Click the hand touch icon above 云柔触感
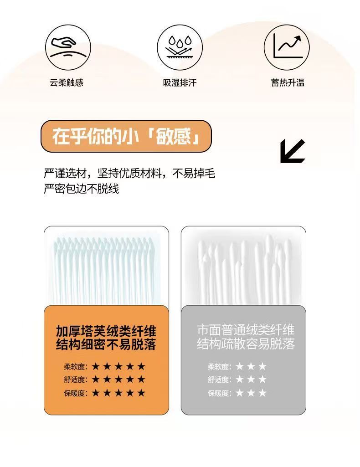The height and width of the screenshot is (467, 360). pos(68,47)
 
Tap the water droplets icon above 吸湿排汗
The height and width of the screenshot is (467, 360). pos(180,47)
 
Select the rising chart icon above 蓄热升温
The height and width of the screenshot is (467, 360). pos(287,47)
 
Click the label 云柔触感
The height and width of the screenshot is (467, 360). pos(67,82)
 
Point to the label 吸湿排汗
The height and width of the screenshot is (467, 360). pos(180,82)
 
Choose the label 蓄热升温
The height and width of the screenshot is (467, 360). pos(288,82)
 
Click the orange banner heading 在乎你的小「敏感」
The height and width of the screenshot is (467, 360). pos(126,136)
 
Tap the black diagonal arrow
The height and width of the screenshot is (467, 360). pos(293,151)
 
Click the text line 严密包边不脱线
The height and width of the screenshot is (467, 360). pos(81,189)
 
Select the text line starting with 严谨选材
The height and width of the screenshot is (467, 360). pos(129,173)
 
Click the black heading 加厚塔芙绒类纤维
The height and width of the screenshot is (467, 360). pos(106,331)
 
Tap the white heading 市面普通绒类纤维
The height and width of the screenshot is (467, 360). pos(246,330)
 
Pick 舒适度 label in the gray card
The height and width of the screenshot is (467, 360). pos(220,380)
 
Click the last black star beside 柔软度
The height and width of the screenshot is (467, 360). pos(141,366)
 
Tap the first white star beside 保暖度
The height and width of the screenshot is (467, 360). pos(240,393)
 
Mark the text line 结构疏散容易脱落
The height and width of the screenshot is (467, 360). pos(246,344)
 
